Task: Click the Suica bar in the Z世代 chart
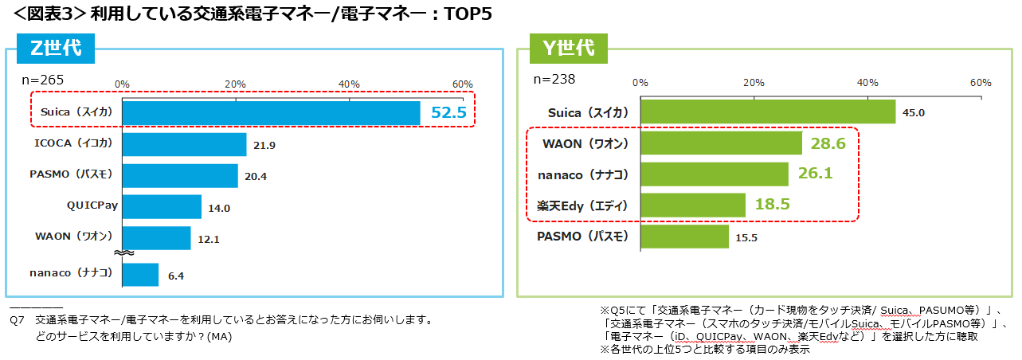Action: [271, 113]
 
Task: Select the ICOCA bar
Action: [184, 144]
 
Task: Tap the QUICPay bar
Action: [162, 207]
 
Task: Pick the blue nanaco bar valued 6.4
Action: [140, 275]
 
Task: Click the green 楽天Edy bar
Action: [693, 205]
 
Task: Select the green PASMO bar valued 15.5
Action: [685, 237]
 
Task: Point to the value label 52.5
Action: [448, 112]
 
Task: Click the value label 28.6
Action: [828, 143]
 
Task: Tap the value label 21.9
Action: [264, 146]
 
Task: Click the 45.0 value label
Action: [914, 113]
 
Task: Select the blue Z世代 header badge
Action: [56, 49]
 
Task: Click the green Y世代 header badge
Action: [569, 49]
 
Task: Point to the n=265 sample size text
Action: [43, 80]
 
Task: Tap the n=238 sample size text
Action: [554, 80]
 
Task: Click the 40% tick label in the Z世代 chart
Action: [349, 84]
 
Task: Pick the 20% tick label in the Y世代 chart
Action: [754, 83]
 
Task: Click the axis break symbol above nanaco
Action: [123, 252]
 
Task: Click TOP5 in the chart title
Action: [468, 14]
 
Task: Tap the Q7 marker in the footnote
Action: [17, 320]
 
